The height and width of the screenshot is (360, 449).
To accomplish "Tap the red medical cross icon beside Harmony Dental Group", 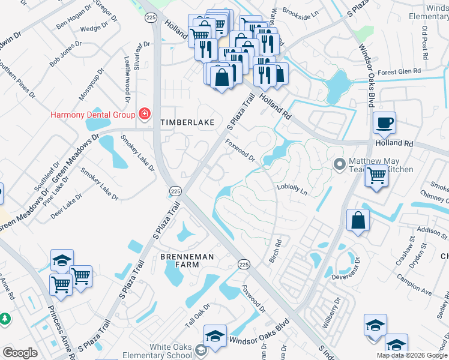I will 144,114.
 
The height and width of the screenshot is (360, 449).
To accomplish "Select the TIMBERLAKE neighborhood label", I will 187,122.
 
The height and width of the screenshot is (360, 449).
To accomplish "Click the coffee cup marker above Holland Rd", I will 384,123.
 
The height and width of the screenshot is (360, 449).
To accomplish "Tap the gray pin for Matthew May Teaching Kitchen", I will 340,163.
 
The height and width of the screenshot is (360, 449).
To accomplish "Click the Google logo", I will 20,353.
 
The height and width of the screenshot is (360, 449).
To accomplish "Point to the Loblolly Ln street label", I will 292,190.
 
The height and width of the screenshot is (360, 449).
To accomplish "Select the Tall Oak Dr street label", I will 197,315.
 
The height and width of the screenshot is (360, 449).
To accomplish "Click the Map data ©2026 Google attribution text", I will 412,355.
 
